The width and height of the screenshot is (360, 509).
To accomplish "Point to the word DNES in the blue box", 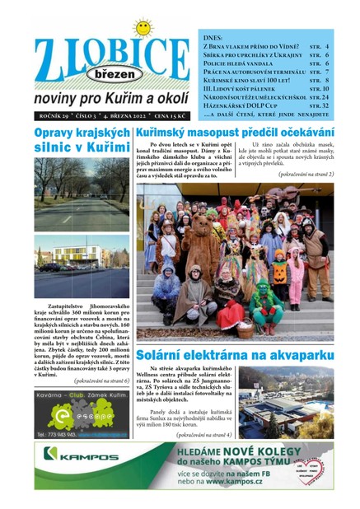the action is [x=212, y=37].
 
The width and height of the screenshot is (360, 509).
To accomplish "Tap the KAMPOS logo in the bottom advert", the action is [x=80, y=455].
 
